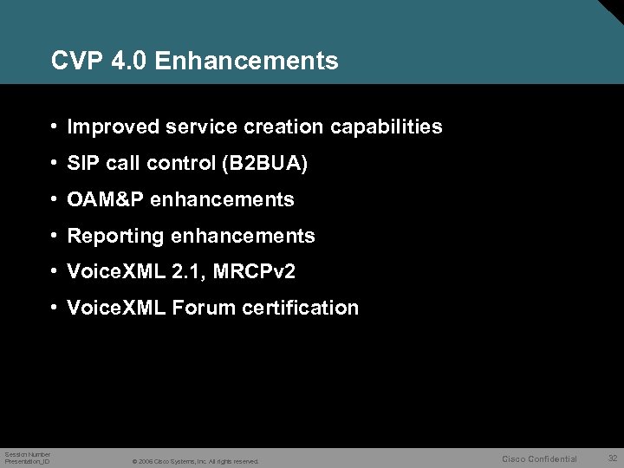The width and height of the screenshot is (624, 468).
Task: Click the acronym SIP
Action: click(x=84, y=164)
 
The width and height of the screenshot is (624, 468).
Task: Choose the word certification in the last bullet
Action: click(x=302, y=308)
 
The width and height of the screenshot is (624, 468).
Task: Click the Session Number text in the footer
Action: click(x=28, y=454)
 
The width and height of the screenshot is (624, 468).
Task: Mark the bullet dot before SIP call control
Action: click(x=55, y=164)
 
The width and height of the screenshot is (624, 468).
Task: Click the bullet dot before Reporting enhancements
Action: click(x=55, y=236)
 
